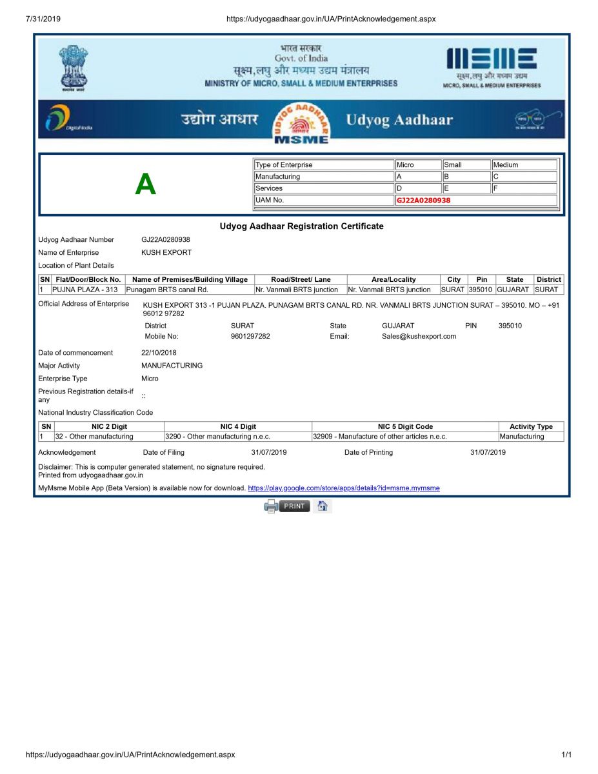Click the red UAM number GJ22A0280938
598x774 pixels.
point(423,201)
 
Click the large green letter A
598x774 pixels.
point(145,185)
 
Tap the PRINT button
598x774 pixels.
point(294,506)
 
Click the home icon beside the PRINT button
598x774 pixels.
point(323,506)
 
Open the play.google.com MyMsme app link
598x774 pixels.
point(343,488)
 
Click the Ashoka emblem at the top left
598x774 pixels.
point(74,66)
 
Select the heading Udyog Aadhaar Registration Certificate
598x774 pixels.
point(301,226)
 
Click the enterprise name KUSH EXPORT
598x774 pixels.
point(166,253)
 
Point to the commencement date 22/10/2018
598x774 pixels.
point(159,353)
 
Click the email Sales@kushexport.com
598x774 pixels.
point(419,336)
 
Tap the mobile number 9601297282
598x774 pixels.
point(250,336)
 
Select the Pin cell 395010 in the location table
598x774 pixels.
point(481,290)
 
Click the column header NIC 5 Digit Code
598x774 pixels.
point(405,426)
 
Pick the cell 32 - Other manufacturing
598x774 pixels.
point(94,437)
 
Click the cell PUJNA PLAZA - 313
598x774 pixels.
point(85,290)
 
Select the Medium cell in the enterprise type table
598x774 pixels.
point(524,165)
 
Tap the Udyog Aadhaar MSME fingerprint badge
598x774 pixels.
point(301,122)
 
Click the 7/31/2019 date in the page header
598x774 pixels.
point(43,19)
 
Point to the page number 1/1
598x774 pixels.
point(566,755)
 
